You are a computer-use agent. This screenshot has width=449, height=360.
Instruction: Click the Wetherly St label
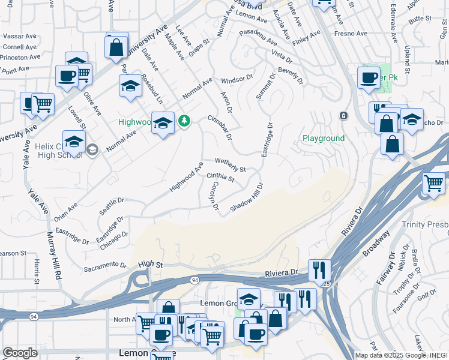231,166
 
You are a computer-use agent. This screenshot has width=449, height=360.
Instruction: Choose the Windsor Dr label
238,79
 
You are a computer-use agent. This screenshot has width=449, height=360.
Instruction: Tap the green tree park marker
185,121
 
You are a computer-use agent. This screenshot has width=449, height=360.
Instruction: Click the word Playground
324,139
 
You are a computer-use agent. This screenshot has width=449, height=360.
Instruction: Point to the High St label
150,263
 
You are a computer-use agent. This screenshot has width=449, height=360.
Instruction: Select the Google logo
20,352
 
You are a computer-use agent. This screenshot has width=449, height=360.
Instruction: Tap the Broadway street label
376,243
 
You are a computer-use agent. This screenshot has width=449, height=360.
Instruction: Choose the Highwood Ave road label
186,176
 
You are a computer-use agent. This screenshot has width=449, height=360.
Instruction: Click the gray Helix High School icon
92,149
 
